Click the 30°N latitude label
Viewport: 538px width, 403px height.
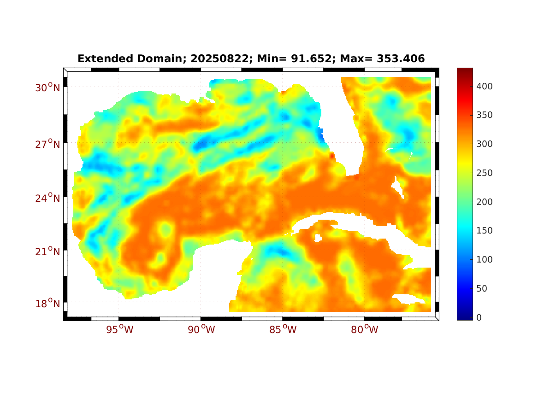(47, 88)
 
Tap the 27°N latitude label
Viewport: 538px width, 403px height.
(47, 144)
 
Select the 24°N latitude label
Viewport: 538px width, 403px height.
(47, 198)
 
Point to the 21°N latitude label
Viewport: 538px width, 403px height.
(47, 251)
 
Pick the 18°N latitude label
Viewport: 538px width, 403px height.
(47, 304)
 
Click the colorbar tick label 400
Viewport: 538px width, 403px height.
(485, 86)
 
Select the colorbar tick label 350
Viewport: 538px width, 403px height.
(485, 115)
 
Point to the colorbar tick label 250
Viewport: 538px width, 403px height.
(485, 173)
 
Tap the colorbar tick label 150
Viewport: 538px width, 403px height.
(485, 231)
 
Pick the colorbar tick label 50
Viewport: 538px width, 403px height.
(482, 289)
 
